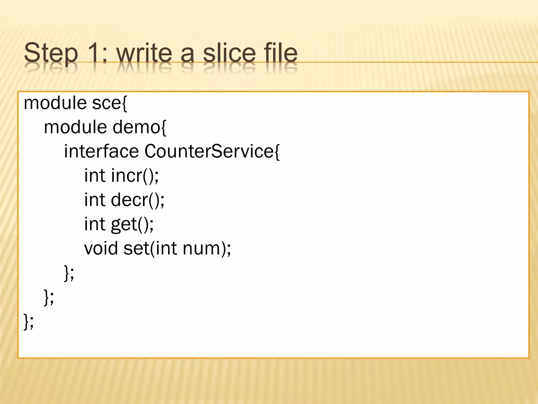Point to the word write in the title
144,53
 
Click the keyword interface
101,151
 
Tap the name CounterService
209,151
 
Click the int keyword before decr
95,200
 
